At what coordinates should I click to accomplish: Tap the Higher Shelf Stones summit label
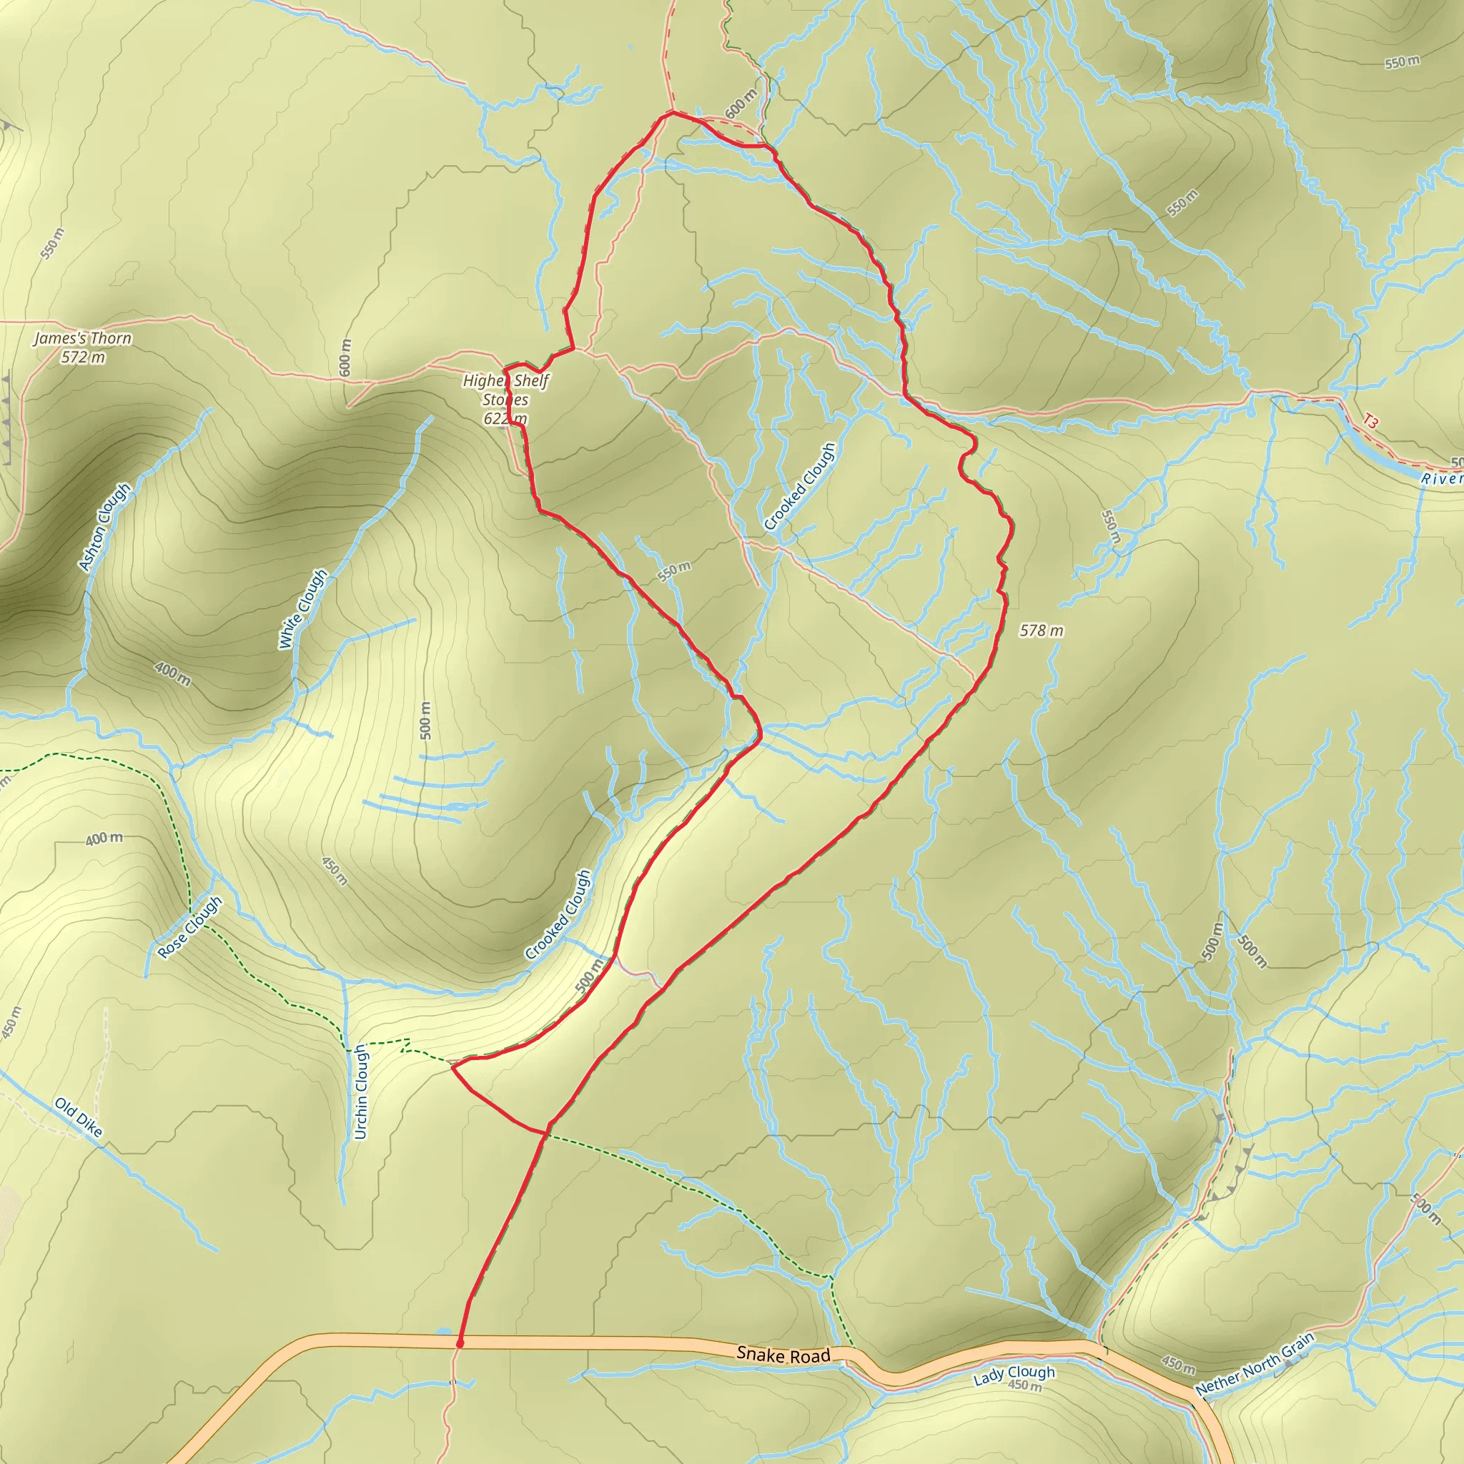pyautogui.click(x=505, y=390)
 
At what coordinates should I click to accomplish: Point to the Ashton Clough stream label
pyautogui.click(x=104, y=527)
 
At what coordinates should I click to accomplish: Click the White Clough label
pyautogui.click(x=303, y=609)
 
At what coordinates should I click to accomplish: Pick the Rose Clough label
pyautogui.click(x=190, y=927)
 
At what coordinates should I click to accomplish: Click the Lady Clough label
pyautogui.click(x=1013, y=1373)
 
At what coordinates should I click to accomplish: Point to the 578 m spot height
pyautogui.click(x=1041, y=630)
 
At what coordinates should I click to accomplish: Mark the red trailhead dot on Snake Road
pyautogui.click(x=460, y=1343)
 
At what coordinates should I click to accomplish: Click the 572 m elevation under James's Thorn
pyautogui.click(x=84, y=357)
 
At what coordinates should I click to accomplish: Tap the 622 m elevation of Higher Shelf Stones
pyautogui.click(x=505, y=418)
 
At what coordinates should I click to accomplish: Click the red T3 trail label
pyautogui.click(x=1369, y=420)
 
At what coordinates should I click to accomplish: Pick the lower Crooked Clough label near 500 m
pyautogui.click(x=558, y=914)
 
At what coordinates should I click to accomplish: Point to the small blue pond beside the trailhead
pyautogui.click(x=443, y=1331)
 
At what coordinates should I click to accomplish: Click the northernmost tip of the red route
pyautogui.click(x=672, y=112)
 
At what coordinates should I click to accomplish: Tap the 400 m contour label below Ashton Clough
pyautogui.click(x=173, y=673)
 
